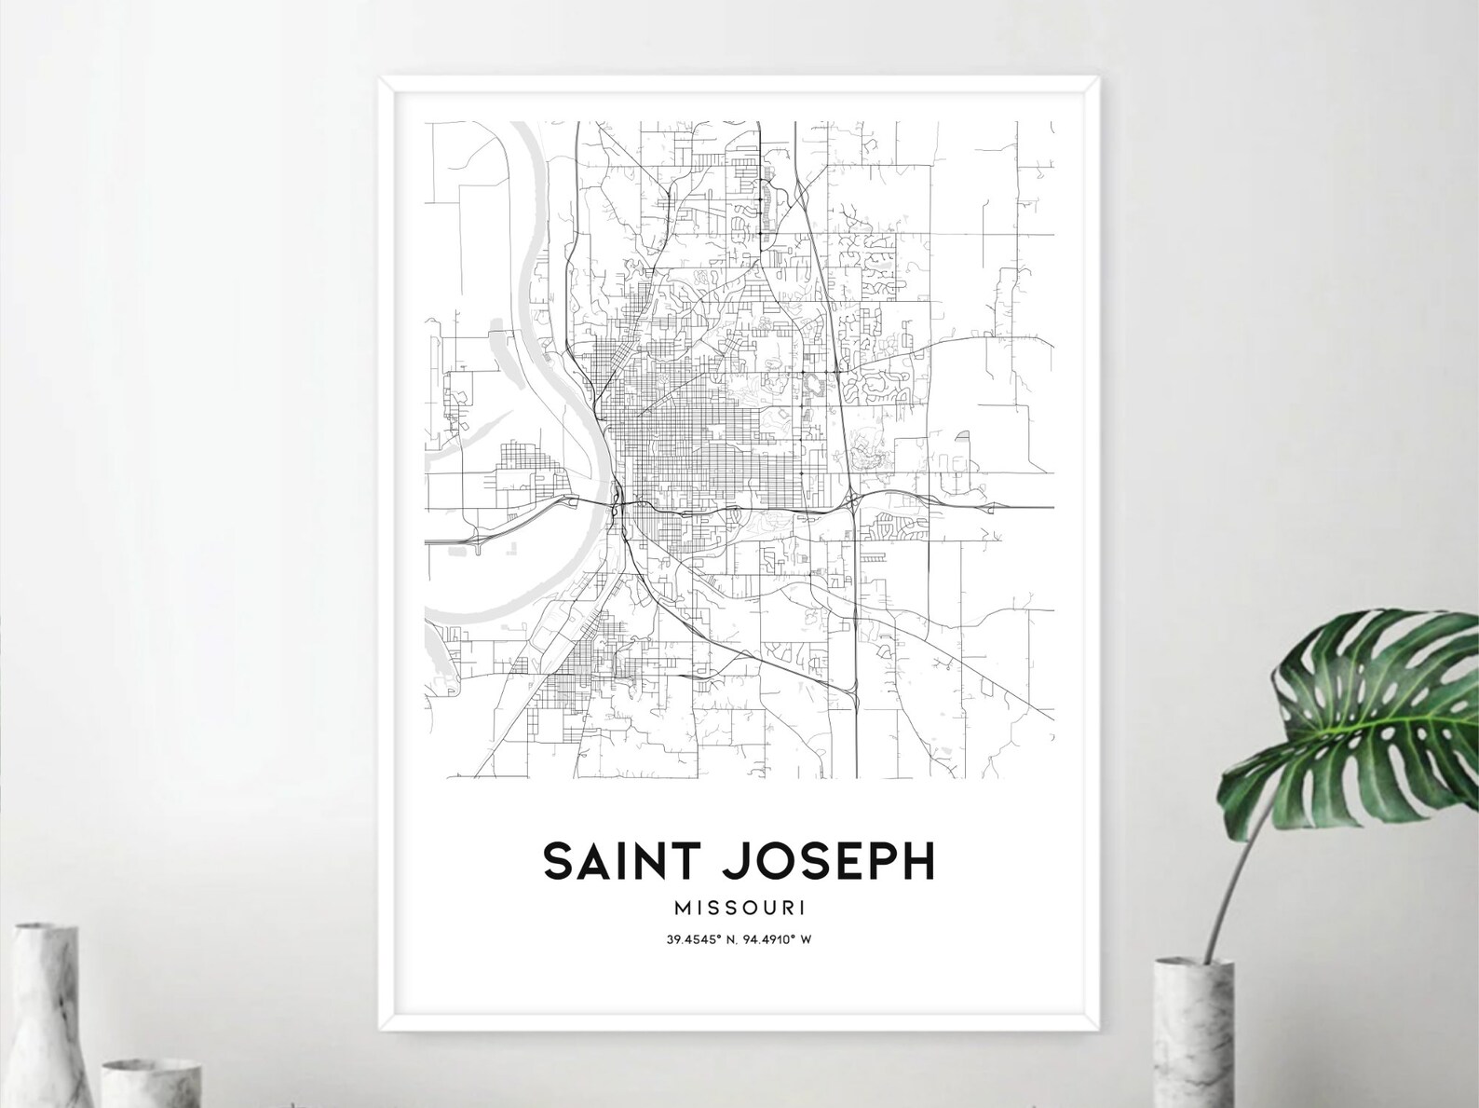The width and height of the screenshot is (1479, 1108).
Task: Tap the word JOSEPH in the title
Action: pyautogui.click(x=827, y=861)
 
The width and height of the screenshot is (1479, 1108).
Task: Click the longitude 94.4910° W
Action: pyautogui.click(x=779, y=939)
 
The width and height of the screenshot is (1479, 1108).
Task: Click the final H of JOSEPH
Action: pyautogui.click(x=917, y=861)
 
